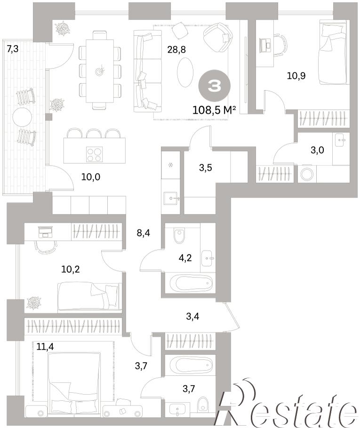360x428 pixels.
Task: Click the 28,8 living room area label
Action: (176, 50)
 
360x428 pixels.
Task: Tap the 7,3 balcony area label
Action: (13, 49)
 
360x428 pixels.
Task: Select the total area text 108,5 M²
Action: (214, 110)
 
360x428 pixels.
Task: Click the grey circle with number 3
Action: (214, 86)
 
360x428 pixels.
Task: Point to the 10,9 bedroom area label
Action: (296, 76)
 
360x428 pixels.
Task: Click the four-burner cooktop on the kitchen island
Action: (94, 154)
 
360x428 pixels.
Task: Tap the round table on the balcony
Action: (23, 118)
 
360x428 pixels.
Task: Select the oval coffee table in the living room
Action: (185, 72)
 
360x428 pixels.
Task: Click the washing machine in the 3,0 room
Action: (308, 174)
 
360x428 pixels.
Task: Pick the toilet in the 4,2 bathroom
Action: (179, 236)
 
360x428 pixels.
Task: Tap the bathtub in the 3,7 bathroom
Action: (191, 365)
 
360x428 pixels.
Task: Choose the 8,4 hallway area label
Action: (144, 233)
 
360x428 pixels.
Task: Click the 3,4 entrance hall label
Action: (192, 317)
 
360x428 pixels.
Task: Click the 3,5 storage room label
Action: (205, 167)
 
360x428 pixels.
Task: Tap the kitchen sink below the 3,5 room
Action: (171, 198)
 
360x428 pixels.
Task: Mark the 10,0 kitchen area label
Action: (91, 177)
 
